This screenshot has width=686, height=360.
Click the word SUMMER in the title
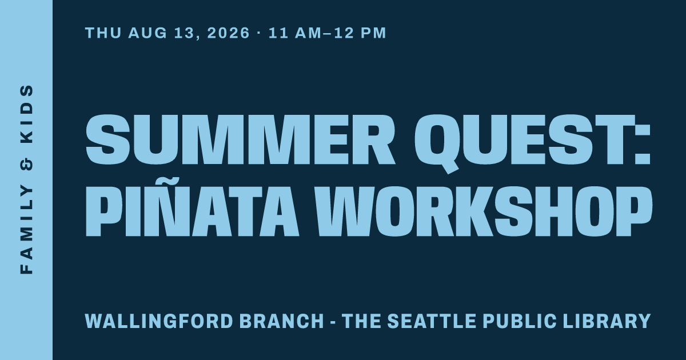click(241, 140)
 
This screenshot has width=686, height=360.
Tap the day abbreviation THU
click(103, 33)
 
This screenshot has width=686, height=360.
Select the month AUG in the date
click(147, 33)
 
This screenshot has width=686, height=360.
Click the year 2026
click(228, 33)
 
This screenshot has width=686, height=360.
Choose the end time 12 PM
click(360, 33)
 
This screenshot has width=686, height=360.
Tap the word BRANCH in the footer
click(281, 321)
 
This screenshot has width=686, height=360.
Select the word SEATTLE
click(432, 321)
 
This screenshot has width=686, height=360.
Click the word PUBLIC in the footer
click(520, 321)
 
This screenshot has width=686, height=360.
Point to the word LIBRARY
click(607, 321)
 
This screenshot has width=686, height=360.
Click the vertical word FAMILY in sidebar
click(26, 230)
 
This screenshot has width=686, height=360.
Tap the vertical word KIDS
click(26, 114)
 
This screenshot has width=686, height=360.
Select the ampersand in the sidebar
click(26, 165)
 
